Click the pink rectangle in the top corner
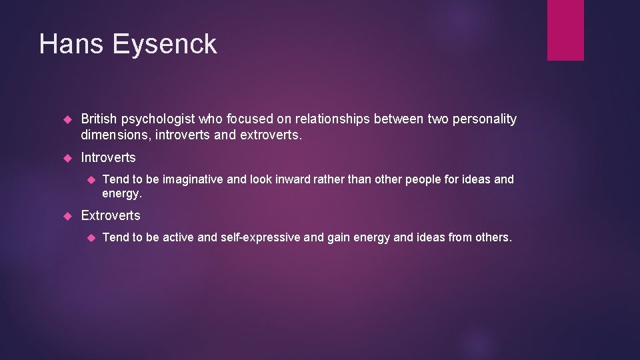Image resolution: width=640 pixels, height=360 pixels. pos(565,29)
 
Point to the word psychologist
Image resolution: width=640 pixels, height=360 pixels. pos(165,119)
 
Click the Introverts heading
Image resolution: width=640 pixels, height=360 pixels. pos(108,158)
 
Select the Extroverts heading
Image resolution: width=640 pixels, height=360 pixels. pos(111,215)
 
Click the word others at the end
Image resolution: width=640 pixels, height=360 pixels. pos(492,237)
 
